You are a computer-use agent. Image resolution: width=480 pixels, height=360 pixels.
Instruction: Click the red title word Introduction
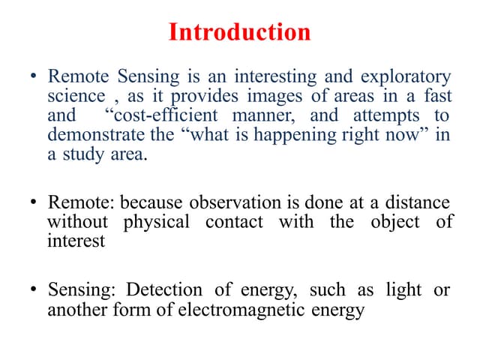pyautogui.click(x=239, y=32)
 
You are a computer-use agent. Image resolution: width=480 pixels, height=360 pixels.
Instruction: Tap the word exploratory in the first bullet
pyautogui.click(x=406, y=77)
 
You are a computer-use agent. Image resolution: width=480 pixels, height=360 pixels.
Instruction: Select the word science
pyautogui.click(x=76, y=97)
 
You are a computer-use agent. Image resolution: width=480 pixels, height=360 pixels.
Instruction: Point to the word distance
pyautogui.click(x=413, y=202)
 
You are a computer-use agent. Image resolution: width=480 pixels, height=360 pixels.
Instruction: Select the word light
pyautogui.click(x=403, y=289)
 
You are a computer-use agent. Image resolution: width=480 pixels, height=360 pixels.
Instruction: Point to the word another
pyautogui.click(x=76, y=309)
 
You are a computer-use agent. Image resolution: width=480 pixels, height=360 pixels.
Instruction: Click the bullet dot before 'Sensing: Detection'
pyautogui.click(x=33, y=290)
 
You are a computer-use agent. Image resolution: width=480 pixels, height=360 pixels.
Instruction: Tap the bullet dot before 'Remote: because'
pyautogui.click(x=33, y=203)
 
